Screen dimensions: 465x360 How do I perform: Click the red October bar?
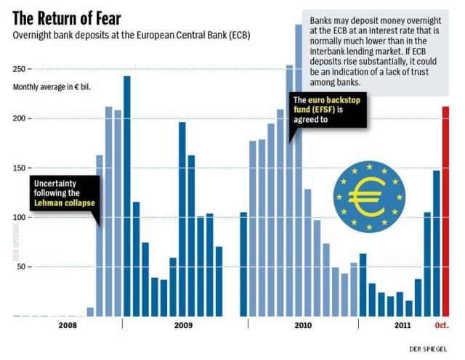coord(445,211)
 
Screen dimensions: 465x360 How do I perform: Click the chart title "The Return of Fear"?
coord(67,18)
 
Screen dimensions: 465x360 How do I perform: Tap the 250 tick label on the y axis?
coord(20,69)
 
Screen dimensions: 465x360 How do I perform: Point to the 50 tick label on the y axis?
coord(21,266)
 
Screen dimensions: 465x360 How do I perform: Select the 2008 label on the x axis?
coord(68,325)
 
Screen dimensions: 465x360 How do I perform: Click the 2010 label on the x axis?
coord(303,325)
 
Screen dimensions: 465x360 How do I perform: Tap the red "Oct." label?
coord(442,325)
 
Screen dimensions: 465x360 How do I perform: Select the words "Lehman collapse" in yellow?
coord(65,203)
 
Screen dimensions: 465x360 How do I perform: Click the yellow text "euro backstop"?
coord(334,100)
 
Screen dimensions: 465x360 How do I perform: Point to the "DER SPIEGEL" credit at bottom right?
coord(428,349)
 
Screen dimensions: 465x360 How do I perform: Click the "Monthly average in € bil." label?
coord(52,87)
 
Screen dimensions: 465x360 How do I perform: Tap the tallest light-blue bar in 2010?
coord(299,171)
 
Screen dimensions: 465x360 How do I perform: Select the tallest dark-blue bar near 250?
coord(127,196)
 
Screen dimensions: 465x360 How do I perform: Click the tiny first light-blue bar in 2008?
coord(90,312)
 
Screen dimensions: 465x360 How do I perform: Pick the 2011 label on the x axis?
coord(403,325)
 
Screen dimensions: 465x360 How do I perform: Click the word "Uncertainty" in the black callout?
coord(55,184)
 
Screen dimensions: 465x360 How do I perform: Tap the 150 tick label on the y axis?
coord(20,168)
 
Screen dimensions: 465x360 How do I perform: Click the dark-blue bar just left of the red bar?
coord(436,244)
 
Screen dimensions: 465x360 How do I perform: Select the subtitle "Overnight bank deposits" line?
coord(132,36)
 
